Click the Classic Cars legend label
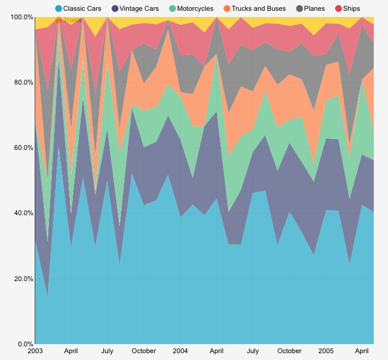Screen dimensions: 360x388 pyautogui.click(x=82, y=9)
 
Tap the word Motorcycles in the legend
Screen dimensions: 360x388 pyautogui.click(x=195, y=9)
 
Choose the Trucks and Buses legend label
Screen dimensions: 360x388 pyautogui.click(x=258, y=9)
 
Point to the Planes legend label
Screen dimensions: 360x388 pyautogui.click(x=315, y=9)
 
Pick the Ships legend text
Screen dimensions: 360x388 pyautogui.click(x=352, y=9)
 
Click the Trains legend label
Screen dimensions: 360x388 pyautogui.click(x=72, y=20)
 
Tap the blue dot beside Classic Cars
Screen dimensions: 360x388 pyautogui.click(x=59, y=9)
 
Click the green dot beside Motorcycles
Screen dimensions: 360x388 pyautogui.click(x=172, y=9)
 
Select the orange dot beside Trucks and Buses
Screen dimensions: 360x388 pyautogui.click(x=227, y=9)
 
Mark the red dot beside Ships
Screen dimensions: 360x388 pyautogui.click(x=339, y=9)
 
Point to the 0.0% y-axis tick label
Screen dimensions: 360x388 pyautogui.click(x=22, y=344)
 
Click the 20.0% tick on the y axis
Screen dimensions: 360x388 pyautogui.click(x=20, y=279)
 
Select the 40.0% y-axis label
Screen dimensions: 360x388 pyautogui.click(x=20, y=214)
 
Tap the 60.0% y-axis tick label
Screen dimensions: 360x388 pyautogui.click(x=20, y=148)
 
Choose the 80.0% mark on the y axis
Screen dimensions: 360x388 pyautogui.click(x=20, y=82)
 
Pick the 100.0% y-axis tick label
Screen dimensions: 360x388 pyautogui.click(x=19, y=17)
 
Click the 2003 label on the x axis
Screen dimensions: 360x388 pyautogui.click(x=35, y=351)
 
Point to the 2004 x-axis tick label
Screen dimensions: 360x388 pyautogui.click(x=180, y=351)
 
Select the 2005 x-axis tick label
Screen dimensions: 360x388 pyautogui.click(x=326, y=351)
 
